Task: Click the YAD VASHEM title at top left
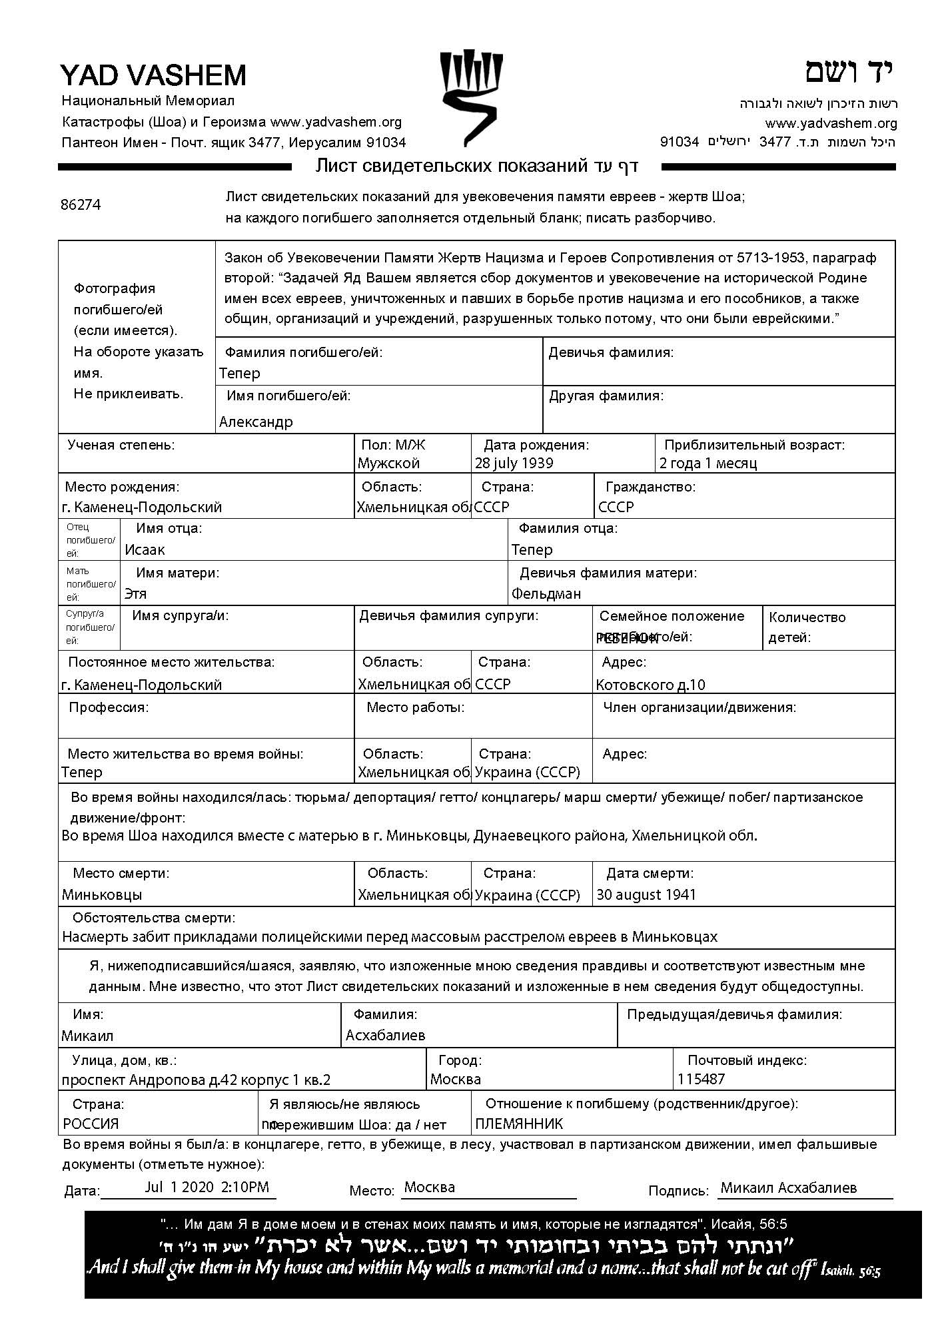(153, 75)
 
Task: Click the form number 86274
(81, 205)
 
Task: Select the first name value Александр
(256, 422)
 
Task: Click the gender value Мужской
(388, 463)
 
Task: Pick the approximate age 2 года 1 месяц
(707, 463)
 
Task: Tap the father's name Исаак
(145, 549)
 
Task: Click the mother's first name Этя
(135, 593)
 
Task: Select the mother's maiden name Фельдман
(546, 593)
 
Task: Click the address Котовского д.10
(650, 685)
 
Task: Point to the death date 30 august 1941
(646, 894)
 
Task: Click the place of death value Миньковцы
(102, 894)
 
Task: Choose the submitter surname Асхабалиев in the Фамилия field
(385, 1035)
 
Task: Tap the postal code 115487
(701, 1079)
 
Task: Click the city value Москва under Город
(456, 1079)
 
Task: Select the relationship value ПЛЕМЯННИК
(519, 1124)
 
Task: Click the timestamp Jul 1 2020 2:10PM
(207, 1187)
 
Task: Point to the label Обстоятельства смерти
(153, 918)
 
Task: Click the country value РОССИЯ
(91, 1124)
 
